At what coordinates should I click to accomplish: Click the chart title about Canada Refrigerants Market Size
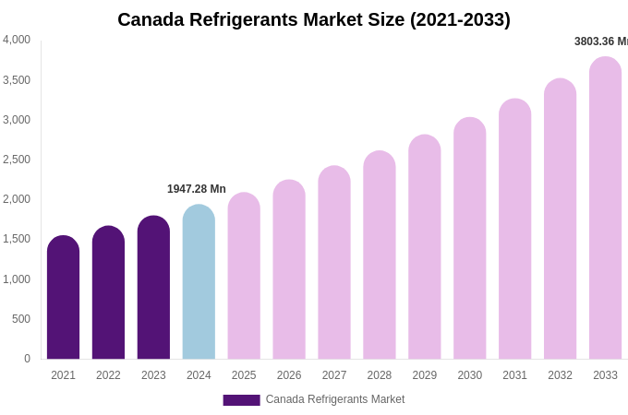pos(313,19)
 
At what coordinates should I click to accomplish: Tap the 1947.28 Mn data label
pos(196,189)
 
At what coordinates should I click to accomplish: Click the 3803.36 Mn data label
pos(600,41)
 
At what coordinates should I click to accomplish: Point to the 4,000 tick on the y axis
pos(17,40)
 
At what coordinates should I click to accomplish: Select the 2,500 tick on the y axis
pos(17,160)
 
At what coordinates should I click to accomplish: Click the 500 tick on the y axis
pos(20,319)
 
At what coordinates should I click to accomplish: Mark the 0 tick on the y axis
pos(27,359)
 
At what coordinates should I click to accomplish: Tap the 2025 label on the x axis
pos(244,375)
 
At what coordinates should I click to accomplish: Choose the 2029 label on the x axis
pos(425,375)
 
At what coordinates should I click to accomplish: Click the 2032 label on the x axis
pos(560,375)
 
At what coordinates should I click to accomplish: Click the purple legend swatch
pos(241,399)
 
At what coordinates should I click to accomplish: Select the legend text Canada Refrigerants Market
pos(335,399)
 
